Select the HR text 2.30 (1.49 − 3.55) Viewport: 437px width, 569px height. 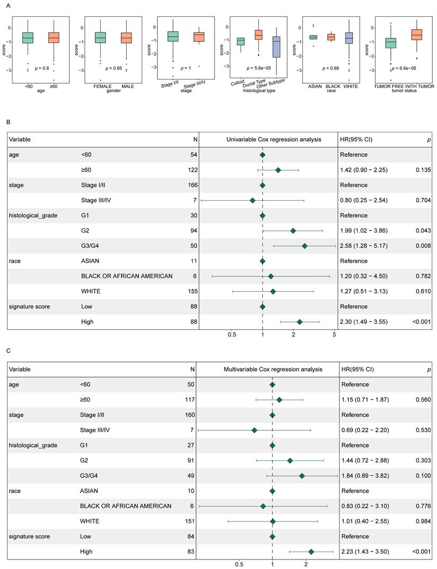click(365, 322)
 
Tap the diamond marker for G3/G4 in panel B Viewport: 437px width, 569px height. click(305, 246)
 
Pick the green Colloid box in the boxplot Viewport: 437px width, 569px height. click(240, 41)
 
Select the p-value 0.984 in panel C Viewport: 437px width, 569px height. click(423, 521)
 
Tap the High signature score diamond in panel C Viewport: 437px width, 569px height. click(311, 552)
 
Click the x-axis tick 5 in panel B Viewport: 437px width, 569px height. click(334, 335)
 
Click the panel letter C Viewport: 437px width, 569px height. click(8, 351)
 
